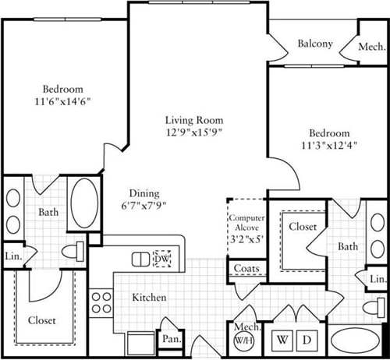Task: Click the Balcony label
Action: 315,44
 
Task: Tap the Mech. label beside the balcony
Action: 370,46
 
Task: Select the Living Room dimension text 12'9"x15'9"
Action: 193,133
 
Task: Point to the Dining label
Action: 144,193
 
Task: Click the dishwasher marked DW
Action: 162,258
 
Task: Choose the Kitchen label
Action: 148,298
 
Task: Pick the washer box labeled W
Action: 279,340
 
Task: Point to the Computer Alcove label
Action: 246,223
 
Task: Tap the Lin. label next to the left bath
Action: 13,255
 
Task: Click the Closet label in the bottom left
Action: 41,319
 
